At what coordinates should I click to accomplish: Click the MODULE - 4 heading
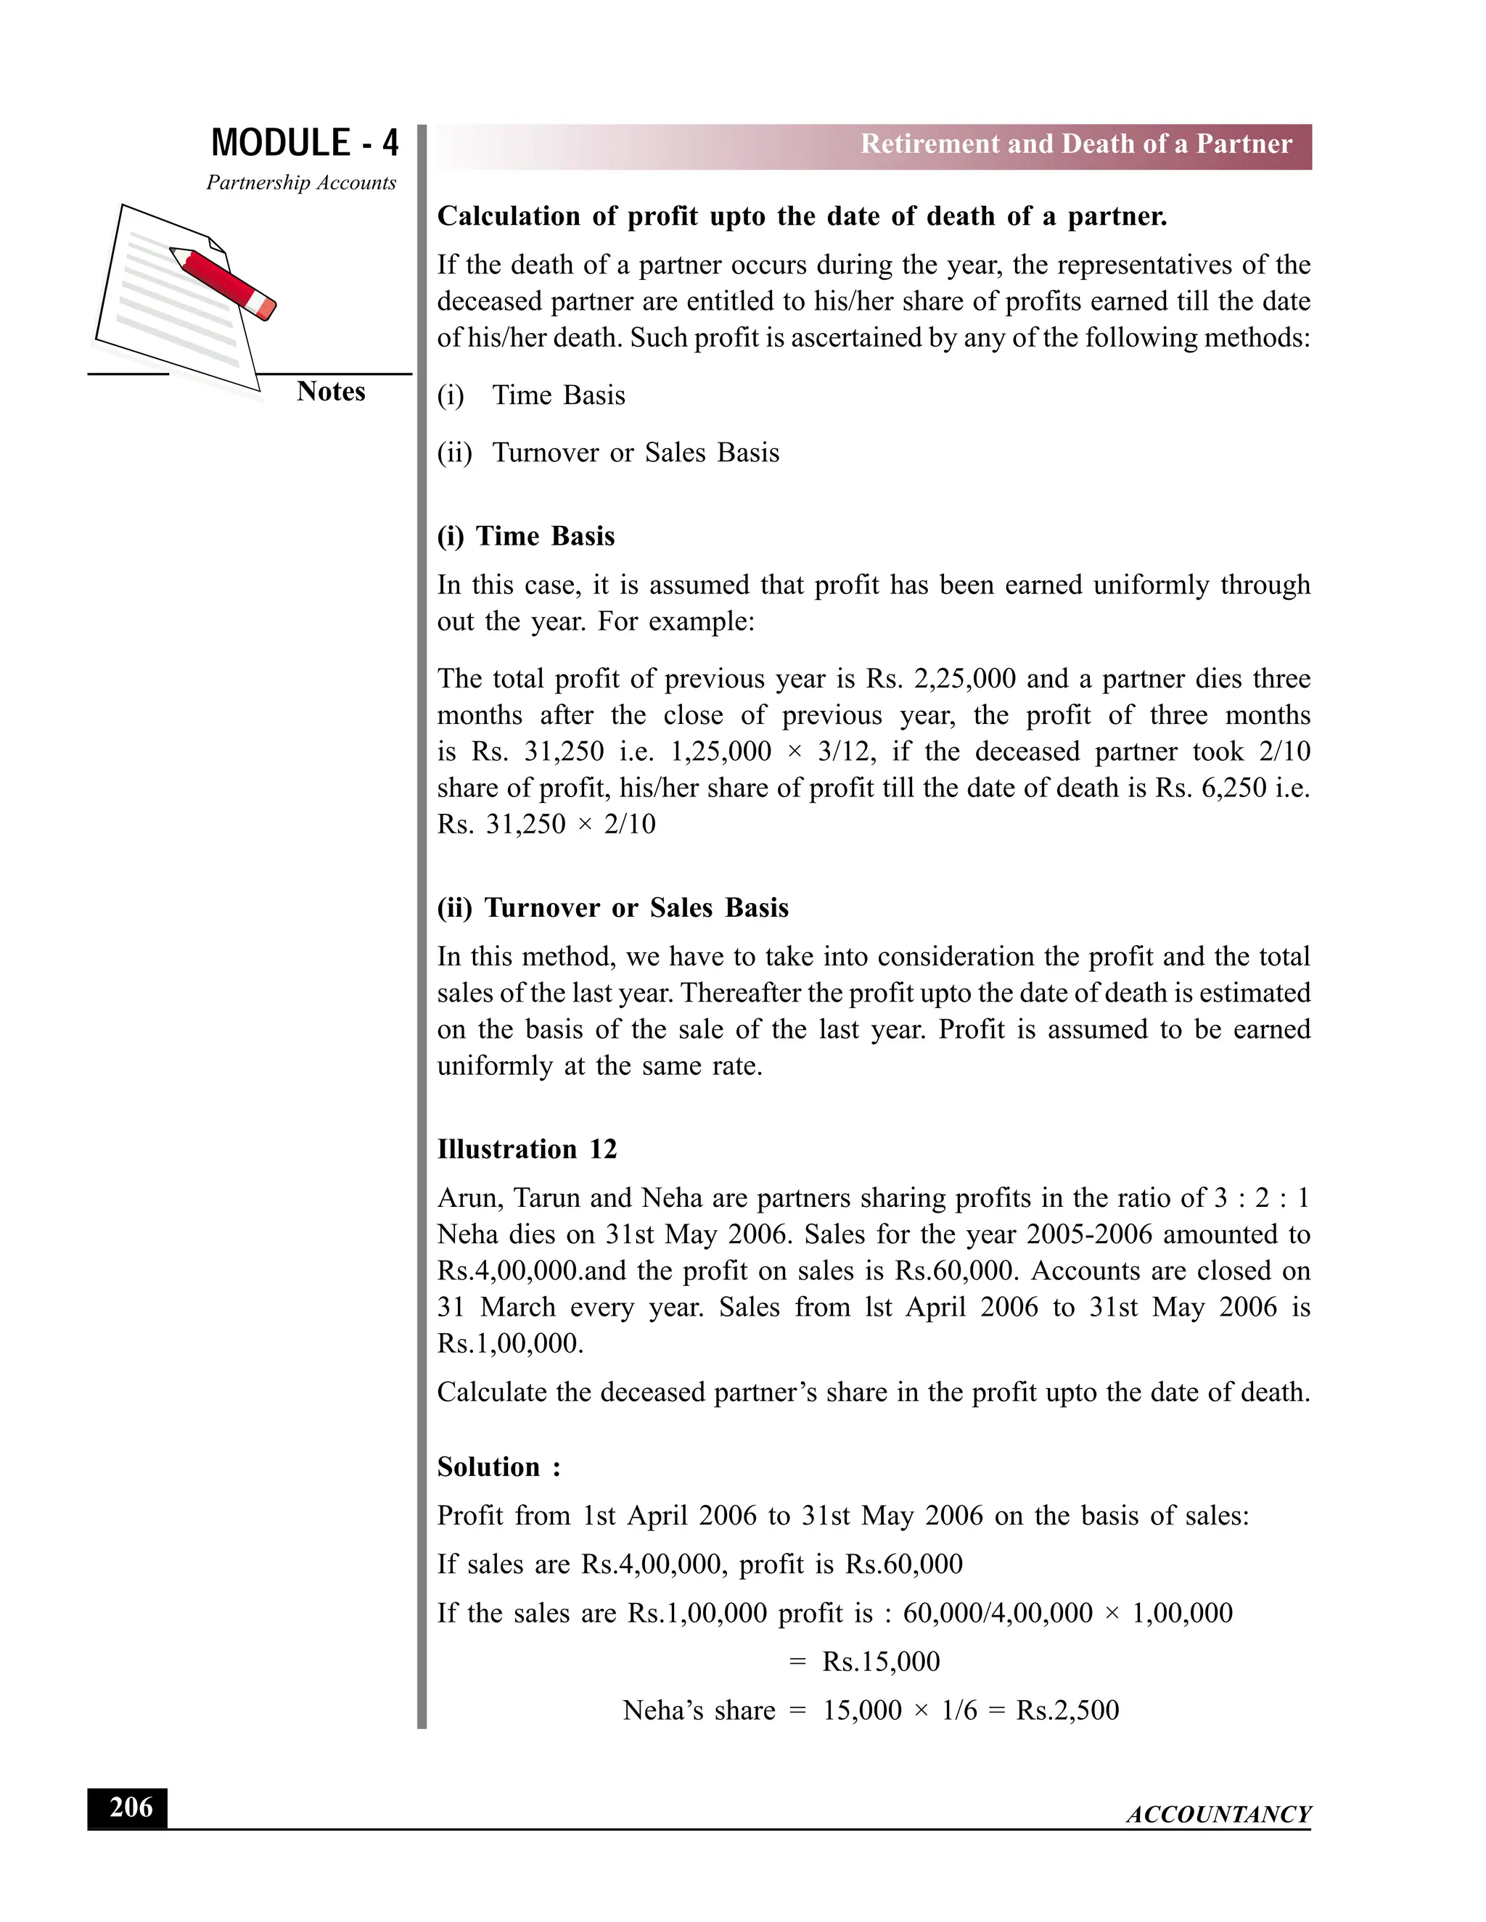[x=305, y=143]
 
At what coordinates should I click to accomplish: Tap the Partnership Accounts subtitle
[x=301, y=183]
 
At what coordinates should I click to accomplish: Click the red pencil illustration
[x=223, y=282]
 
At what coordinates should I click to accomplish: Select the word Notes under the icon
[x=330, y=392]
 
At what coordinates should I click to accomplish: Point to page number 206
[x=128, y=1807]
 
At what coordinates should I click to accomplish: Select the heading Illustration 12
[x=527, y=1150]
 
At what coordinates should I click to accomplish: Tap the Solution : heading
[x=498, y=1467]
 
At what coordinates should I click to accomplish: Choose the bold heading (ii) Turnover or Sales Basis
[x=612, y=907]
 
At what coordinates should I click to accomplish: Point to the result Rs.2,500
[x=1067, y=1710]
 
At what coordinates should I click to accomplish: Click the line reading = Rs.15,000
[x=864, y=1662]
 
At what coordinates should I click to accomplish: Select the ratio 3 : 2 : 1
[x=1260, y=1197]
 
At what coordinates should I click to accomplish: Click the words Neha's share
[x=699, y=1710]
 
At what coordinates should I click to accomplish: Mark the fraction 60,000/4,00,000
[x=998, y=1613]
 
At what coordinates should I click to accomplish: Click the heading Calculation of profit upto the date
[x=801, y=216]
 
